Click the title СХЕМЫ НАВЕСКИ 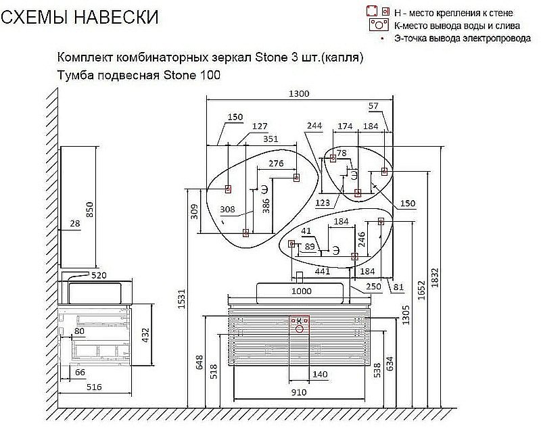click(x=80, y=17)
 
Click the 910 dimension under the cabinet click(x=299, y=392)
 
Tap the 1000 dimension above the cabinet click(x=301, y=291)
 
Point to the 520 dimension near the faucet click(x=99, y=275)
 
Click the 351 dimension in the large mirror click(x=270, y=139)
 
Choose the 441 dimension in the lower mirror click(x=323, y=271)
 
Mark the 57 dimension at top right click(x=373, y=106)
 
